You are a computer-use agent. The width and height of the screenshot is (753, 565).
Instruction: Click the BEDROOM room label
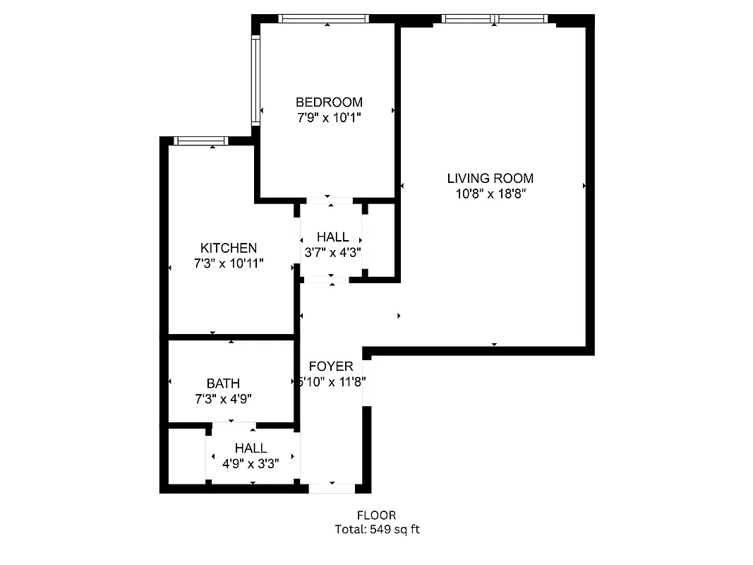click(x=329, y=102)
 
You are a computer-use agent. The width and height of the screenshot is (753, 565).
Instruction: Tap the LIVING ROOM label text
click(x=490, y=179)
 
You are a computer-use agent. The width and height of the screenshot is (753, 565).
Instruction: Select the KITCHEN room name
click(x=229, y=248)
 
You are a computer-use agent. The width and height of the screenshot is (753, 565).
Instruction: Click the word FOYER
click(x=331, y=367)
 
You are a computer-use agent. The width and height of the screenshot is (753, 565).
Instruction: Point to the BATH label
click(x=223, y=383)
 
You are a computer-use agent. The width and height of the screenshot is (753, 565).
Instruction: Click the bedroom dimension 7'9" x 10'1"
click(x=329, y=118)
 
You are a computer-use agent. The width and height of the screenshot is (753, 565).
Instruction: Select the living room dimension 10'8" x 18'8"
click(x=490, y=194)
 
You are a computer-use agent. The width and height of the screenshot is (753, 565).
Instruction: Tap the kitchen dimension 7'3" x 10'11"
click(x=229, y=263)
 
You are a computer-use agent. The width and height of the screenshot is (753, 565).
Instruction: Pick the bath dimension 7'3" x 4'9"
click(x=223, y=399)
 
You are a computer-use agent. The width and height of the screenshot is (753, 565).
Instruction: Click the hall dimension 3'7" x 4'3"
click(x=332, y=252)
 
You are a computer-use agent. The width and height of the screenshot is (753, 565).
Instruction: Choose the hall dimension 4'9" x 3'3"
click(x=251, y=464)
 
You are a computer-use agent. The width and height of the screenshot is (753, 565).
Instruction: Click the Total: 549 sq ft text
click(x=376, y=529)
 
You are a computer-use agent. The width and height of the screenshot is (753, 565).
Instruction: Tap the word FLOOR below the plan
click(x=376, y=516)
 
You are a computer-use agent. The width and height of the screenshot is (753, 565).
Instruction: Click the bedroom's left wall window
click(x=256, y=81)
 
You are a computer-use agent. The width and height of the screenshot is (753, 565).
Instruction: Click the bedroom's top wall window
click(x=323, y=18)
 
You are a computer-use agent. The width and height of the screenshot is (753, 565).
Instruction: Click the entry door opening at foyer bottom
click(x=332, y=488)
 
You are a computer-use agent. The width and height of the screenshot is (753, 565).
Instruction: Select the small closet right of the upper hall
click(x=380, y=240)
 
